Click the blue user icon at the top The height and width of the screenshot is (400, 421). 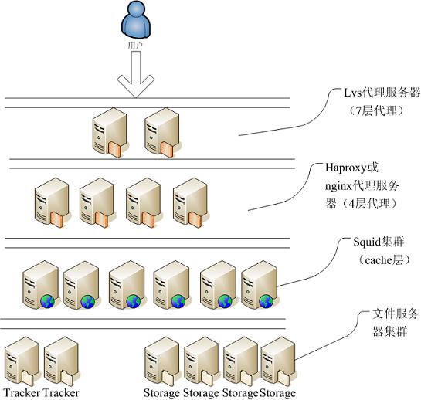pos(136,21)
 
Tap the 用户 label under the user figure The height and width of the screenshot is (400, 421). pos(135,46)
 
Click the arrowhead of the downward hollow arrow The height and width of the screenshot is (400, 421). pos(136,86)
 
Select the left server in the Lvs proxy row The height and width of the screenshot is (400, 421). pos(110,132)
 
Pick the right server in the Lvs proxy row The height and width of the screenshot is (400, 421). pos(162,132)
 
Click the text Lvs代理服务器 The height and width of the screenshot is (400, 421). pos(382,93)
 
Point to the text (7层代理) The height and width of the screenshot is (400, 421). pos(376,110)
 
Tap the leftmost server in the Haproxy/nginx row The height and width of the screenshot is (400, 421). pos(52,202)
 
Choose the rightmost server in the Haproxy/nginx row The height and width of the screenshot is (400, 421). pos(191,202)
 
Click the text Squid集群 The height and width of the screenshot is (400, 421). pos(379,242)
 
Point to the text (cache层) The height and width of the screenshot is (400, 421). pos(384,260)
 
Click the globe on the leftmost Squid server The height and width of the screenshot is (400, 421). pos(48,301)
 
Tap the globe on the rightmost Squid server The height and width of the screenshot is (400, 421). pos(267,301)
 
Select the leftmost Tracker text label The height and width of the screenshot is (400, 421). pos(22,393)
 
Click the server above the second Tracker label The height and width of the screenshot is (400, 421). pos(62,361)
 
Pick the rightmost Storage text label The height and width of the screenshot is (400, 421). pos(277,393)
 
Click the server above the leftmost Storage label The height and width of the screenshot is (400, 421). pos(162,361)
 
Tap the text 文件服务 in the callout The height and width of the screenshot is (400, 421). pos(396,314)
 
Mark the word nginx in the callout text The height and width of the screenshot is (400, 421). pos(339,186)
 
